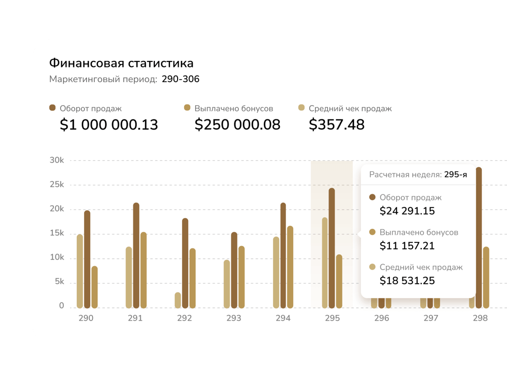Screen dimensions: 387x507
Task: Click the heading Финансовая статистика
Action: [121, 63]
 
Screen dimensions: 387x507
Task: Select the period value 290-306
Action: [181, 79]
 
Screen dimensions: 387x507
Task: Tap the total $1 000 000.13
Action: [109, 124]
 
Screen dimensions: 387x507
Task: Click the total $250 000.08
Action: [237, 124]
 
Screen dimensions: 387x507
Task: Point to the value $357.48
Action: [336, 124]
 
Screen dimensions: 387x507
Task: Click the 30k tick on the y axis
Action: [57, 160]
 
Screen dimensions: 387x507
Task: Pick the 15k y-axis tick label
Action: [57, 233]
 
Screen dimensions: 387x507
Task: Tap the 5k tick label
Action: [59, 282]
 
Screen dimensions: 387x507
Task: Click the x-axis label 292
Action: [185, 318]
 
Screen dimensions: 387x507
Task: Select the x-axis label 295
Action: [332, 318]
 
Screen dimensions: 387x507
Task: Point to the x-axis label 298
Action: [480, 318]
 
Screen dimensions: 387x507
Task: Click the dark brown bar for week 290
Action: [87, 260]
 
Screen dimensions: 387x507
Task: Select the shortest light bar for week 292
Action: [178, 300]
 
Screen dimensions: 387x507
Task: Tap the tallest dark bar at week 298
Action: [479, 237]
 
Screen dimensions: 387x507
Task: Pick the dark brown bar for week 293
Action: [234, 270]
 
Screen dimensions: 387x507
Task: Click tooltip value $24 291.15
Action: [407, 211]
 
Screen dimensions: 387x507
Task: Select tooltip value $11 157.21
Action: [407, 246]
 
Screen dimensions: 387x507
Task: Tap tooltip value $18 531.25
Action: [407, 281]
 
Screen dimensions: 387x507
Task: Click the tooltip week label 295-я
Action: [456, 175]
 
